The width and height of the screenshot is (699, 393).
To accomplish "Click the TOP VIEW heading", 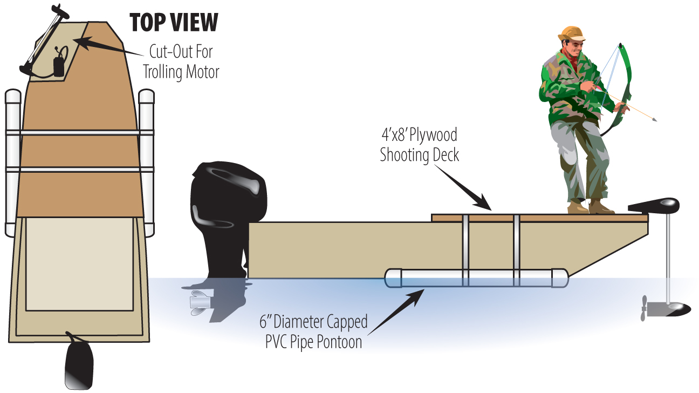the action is click(x=174, y=23).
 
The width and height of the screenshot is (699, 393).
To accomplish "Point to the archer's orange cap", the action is click(x=572, y=33).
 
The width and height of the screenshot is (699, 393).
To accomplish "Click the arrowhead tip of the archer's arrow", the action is click(x=656, y=120).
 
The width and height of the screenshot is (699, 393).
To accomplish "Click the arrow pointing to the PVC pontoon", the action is click(x=396, y=312).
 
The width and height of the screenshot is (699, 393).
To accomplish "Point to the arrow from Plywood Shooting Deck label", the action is click(x=463, y=187).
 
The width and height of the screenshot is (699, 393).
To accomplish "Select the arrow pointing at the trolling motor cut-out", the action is click(x=108, y=46).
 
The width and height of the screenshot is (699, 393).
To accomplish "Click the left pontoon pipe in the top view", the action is click(x=13, y=162).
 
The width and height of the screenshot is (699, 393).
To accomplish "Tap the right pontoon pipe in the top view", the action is click(x=146, y=162).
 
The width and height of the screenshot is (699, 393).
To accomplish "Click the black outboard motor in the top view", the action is click(x=79, y=362).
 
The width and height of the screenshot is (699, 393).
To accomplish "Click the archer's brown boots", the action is click(x=591, y=207).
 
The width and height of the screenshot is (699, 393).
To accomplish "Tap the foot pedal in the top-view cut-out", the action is click(x=59, y=66).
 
